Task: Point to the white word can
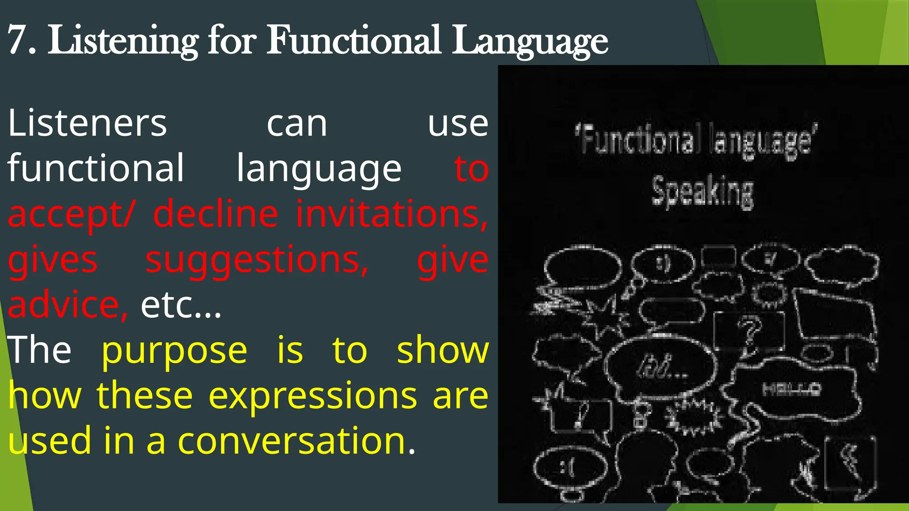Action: tap(297, 124)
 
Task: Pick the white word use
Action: tap(458, 124)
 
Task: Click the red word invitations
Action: tap(391, 214)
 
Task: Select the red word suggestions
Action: tap(257, 261)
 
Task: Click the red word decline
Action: tap(216, 214)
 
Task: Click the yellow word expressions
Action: tap(312, 396)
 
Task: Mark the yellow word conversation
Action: tap(292, 441)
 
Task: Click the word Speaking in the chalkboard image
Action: tap(702, 192)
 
